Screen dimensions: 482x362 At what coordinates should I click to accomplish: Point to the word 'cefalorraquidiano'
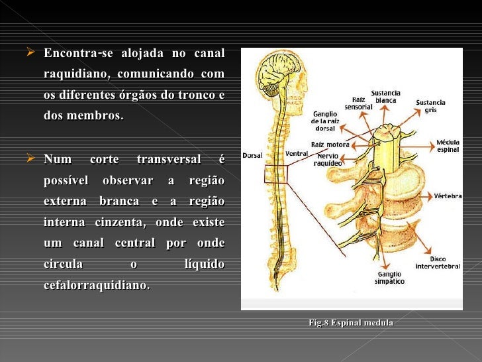point(96,285)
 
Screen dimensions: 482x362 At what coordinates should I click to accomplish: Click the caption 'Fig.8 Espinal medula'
point(351,323)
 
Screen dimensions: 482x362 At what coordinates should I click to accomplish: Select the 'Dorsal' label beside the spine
point(252,155)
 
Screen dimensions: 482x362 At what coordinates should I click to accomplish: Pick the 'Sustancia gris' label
point(430,107)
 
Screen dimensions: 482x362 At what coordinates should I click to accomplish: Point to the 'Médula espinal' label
point(448,146)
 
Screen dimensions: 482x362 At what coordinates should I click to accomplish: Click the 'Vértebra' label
point(447,196)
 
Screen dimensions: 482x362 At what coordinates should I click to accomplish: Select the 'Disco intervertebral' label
point(438,263)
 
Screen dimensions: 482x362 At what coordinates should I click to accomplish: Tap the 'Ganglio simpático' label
point(391,277)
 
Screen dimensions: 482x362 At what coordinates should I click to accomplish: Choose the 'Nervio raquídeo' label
point(328,158)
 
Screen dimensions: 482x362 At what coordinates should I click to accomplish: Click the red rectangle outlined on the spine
point(276,174)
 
